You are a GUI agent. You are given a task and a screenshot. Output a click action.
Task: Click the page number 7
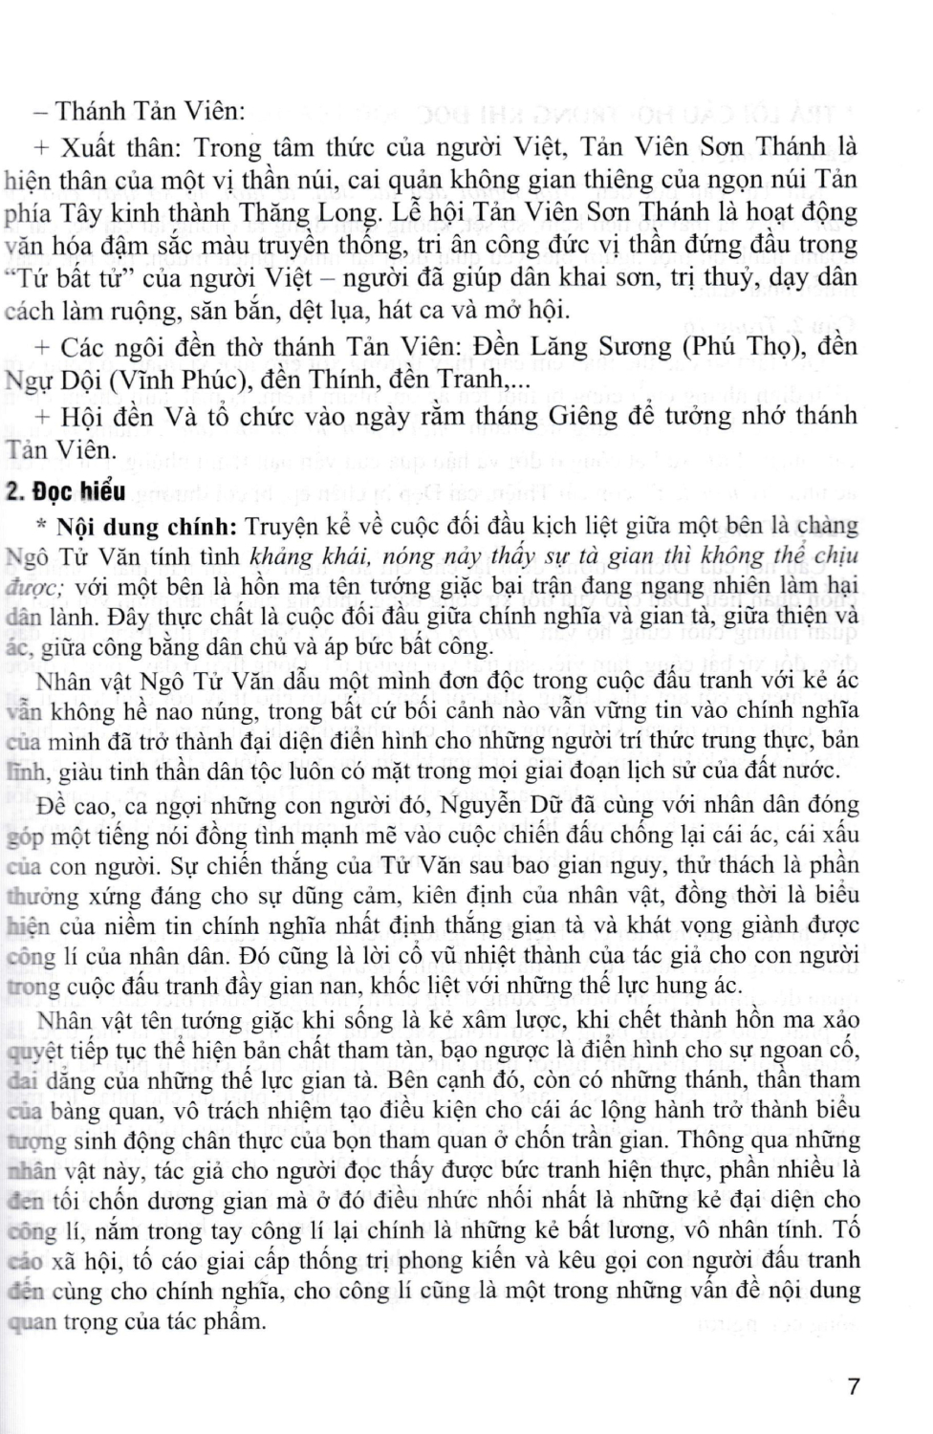point(854,1385)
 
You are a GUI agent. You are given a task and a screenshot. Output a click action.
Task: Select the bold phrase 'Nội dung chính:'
point(145,526)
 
